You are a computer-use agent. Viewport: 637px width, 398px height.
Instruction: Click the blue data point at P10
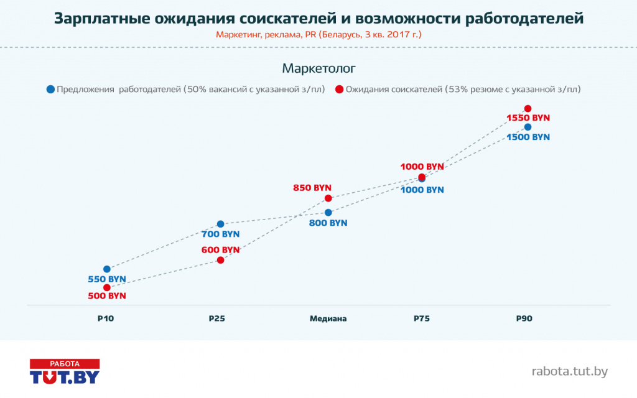[107, 269]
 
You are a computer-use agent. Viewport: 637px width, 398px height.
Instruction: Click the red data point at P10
[107, 287]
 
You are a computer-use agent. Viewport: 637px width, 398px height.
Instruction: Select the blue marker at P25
[220, 224]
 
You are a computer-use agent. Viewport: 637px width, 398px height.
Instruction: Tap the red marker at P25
[220, 260]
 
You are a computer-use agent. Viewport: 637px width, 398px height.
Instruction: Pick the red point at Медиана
[328, 198]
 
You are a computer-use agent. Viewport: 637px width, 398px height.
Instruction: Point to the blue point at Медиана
[328, 212]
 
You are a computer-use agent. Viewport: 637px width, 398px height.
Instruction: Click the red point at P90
[528, 109]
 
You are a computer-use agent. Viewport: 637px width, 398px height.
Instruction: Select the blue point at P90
[528, 127]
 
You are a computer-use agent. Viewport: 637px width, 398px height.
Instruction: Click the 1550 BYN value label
[528, 118]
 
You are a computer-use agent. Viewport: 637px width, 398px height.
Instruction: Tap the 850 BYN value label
[312, 187]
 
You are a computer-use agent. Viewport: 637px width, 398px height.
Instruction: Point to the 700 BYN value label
[221, 234]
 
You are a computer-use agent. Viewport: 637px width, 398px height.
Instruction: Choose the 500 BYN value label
[107, 296]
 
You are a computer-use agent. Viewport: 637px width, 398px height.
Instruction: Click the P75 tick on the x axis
[422, 318]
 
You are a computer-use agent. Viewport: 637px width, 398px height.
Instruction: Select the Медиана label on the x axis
[328, 318]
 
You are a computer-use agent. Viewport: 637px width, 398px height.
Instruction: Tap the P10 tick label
[106, 318]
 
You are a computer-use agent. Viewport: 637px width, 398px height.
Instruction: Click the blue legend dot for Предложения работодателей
[50, 89]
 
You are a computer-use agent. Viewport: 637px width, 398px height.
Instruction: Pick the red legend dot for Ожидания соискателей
[339, 89]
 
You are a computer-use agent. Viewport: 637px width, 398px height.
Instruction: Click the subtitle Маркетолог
[318, 67]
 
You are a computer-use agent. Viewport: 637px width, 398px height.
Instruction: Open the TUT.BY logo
[65, 371]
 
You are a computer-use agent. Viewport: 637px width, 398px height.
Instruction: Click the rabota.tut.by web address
[569, 372]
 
